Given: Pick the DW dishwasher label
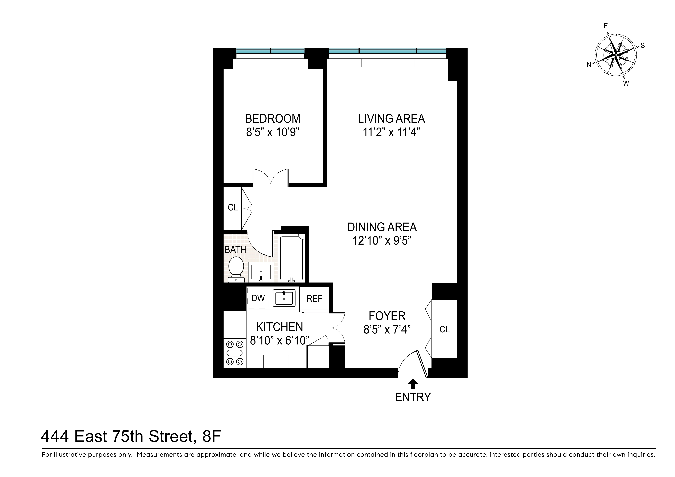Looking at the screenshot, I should [x=258, y=298].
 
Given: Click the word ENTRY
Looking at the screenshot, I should [x=413, y=397].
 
